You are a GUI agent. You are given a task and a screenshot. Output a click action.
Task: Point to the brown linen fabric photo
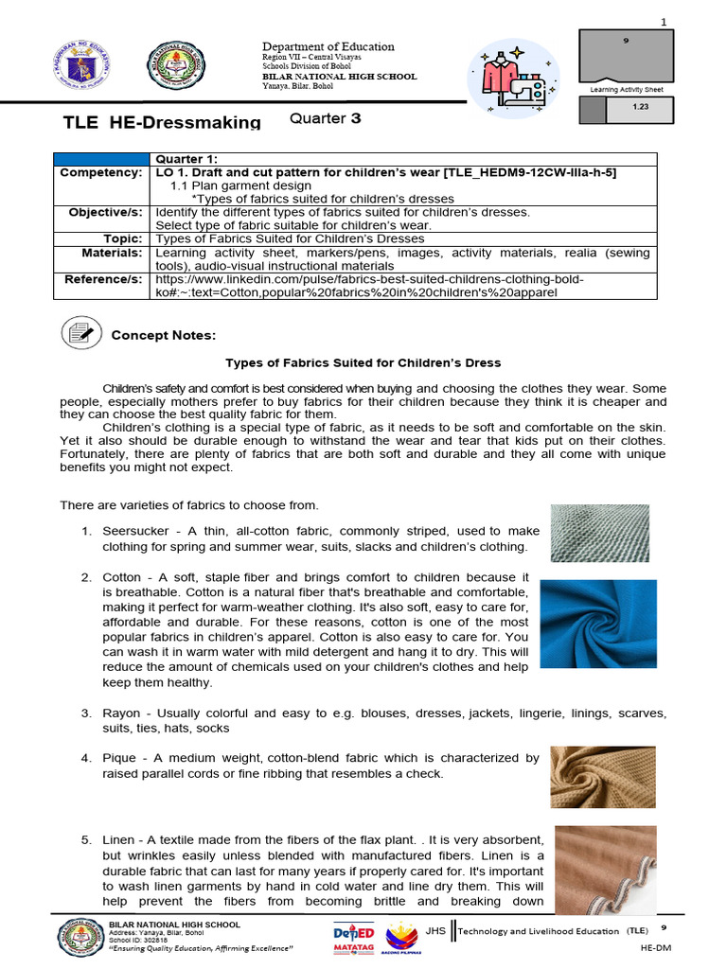[x=606, y=869]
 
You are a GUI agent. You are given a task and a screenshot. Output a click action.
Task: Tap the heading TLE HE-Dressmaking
[x=161, y=122]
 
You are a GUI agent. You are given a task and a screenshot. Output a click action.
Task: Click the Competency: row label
[x=101, y=173]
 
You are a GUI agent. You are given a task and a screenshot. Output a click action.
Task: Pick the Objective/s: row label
[x=105, y=213]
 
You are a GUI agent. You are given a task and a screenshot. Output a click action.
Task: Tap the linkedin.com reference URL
[x=369, y=287]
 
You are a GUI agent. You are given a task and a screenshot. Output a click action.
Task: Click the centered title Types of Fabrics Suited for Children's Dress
[x=363, y=362]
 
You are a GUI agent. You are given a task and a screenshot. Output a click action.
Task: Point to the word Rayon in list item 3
[x=120, y=713]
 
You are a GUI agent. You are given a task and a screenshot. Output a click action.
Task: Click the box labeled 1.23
[x=639, y=109]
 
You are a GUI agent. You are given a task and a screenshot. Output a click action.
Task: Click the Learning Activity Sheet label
[x=626, y=89]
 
